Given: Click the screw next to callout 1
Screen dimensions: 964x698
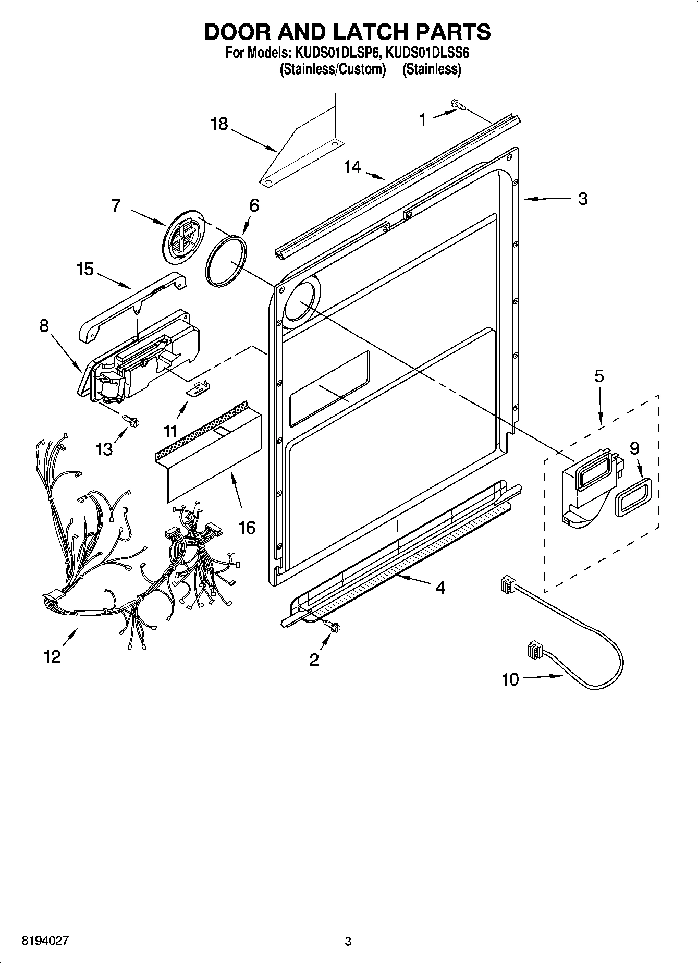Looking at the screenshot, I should pyautogui.click(x=458, y=106).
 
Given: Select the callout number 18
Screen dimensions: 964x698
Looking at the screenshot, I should pyautogui.click(x=219, y=124).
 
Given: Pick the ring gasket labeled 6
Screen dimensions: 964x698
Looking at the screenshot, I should pyautogui.click(x=226, y=261).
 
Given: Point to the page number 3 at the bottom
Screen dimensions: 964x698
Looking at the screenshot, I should pyautogui.click(x=348, y=941).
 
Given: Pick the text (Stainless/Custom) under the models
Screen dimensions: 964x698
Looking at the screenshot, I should pyautogui.click(x=332, y=69).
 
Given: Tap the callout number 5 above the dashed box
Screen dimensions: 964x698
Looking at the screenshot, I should pyautogui.click(x=599, y=376).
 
